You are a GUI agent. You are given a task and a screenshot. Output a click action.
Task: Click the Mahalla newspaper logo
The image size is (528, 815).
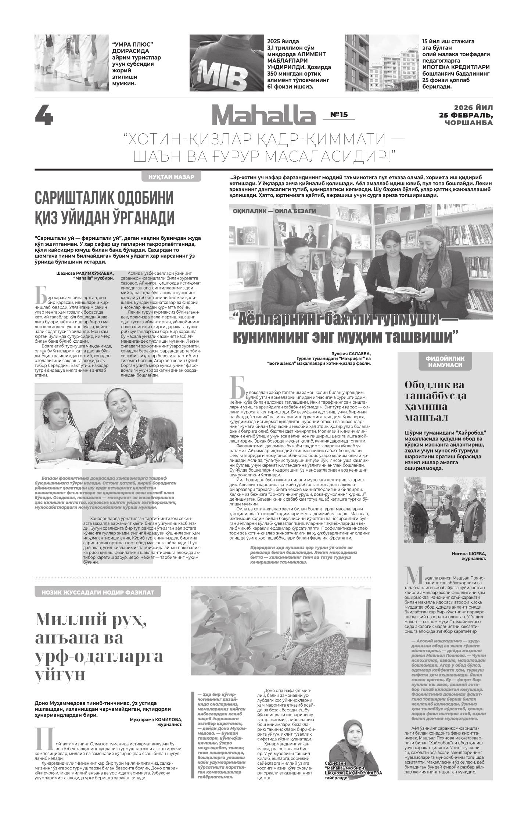point(263,116)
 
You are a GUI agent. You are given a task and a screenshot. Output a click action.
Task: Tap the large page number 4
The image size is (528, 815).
point(44,115)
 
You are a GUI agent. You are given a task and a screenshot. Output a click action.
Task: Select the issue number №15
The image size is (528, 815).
point(339,115)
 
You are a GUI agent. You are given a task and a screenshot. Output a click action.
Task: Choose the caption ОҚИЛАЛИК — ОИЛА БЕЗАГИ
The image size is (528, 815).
point(274,212)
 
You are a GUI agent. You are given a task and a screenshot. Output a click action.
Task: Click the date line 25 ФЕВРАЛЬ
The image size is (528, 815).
point(466,115)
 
